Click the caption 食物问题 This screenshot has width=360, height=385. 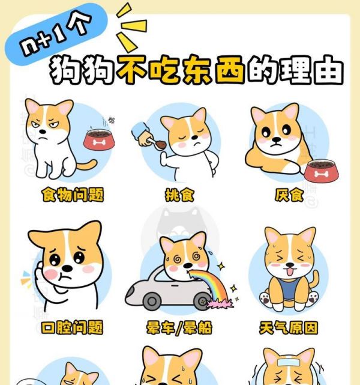[x=72, y=195]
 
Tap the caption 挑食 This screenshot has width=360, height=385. [x=180, y=195]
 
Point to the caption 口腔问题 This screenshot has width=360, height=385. [x=72, y=328]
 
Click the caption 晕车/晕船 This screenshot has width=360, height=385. [x=180, y=328]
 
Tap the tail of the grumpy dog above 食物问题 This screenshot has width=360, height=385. [x=87, y=166]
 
